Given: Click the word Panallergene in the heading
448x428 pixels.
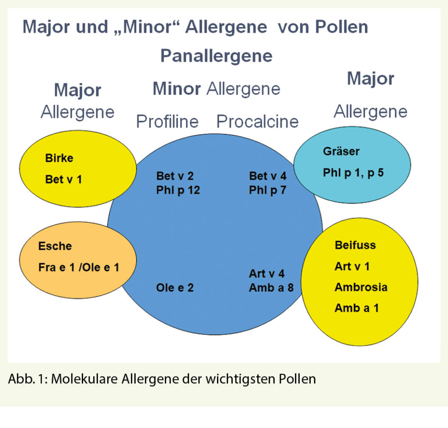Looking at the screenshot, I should click(216, 56).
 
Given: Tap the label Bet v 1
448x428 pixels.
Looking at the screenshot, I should click(63, 179).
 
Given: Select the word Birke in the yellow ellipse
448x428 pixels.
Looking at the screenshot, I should click(59, 158).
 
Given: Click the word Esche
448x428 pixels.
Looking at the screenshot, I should click(55, 246).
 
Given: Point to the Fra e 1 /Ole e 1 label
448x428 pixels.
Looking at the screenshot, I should click(79, 267).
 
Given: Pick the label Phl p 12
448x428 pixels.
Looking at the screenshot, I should click(178, 190).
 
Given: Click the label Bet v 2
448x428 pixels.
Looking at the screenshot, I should click(175, 176).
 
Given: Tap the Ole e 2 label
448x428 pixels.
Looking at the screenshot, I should click(175, 288).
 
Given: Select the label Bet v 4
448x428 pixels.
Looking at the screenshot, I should click(268, 176).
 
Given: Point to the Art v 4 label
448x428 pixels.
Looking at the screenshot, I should click(267, 274).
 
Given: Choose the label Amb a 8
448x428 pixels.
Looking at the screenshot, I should click(271, 288).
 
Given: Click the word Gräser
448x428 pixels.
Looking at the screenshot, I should click(341, 151).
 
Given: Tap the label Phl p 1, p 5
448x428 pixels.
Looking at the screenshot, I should click(353, 172).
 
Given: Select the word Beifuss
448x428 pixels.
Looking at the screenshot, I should click(355, 245).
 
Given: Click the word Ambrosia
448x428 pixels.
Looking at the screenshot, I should click(361, 287).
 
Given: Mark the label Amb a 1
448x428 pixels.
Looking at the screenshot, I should click(357, 308).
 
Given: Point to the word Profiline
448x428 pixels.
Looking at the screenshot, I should click(167, 121).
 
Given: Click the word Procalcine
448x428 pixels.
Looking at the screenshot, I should click(258, 121).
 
